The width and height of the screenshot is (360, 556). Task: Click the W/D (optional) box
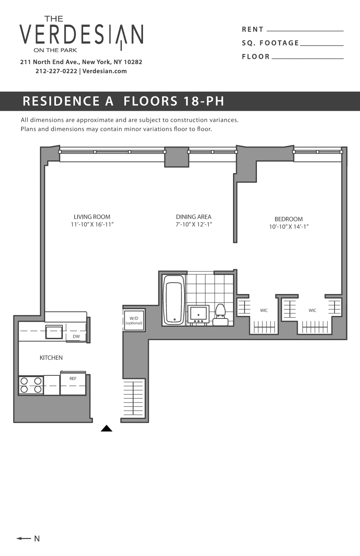pyautogui.click(x=134, y=321)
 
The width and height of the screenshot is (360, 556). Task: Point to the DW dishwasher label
pyautogui.click(x=76, y=337)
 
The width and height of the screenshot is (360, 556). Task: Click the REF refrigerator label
pyautogui.click(x=73, y=379)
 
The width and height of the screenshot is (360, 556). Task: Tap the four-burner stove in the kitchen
pyautogui.click(x=31, y=385)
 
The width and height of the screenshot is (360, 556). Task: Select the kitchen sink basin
pyautogui.click(x=54, y=332)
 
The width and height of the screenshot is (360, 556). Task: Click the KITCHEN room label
pyautogui.click(x=51, y=358)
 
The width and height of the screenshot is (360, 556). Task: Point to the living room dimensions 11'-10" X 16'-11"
pyautogui.click(x=92, y=225)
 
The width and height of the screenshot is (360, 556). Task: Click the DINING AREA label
pyautogui.click(x=193, y=217)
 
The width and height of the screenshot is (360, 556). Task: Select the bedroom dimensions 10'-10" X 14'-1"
pyautogui.click(x=289, y=227)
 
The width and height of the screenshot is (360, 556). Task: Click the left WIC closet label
pyautogui.click(x=264, y=310)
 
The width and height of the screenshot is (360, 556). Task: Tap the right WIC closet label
pyautogui.click(x=312, y=310)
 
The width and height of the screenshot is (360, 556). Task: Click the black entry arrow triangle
pyautogui.click(x=106, y=429)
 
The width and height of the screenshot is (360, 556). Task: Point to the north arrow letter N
pyautogui.click(x=37, y=539)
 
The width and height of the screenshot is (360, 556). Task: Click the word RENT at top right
pyautogui.click(x=253, y=29)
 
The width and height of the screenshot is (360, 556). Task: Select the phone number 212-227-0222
pyautogui.click(x=56, y=71)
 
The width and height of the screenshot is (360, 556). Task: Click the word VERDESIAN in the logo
pyautogui.click(x=81, y=34)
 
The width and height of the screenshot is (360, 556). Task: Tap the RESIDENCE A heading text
pyautogui.click(x=68, y=101)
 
